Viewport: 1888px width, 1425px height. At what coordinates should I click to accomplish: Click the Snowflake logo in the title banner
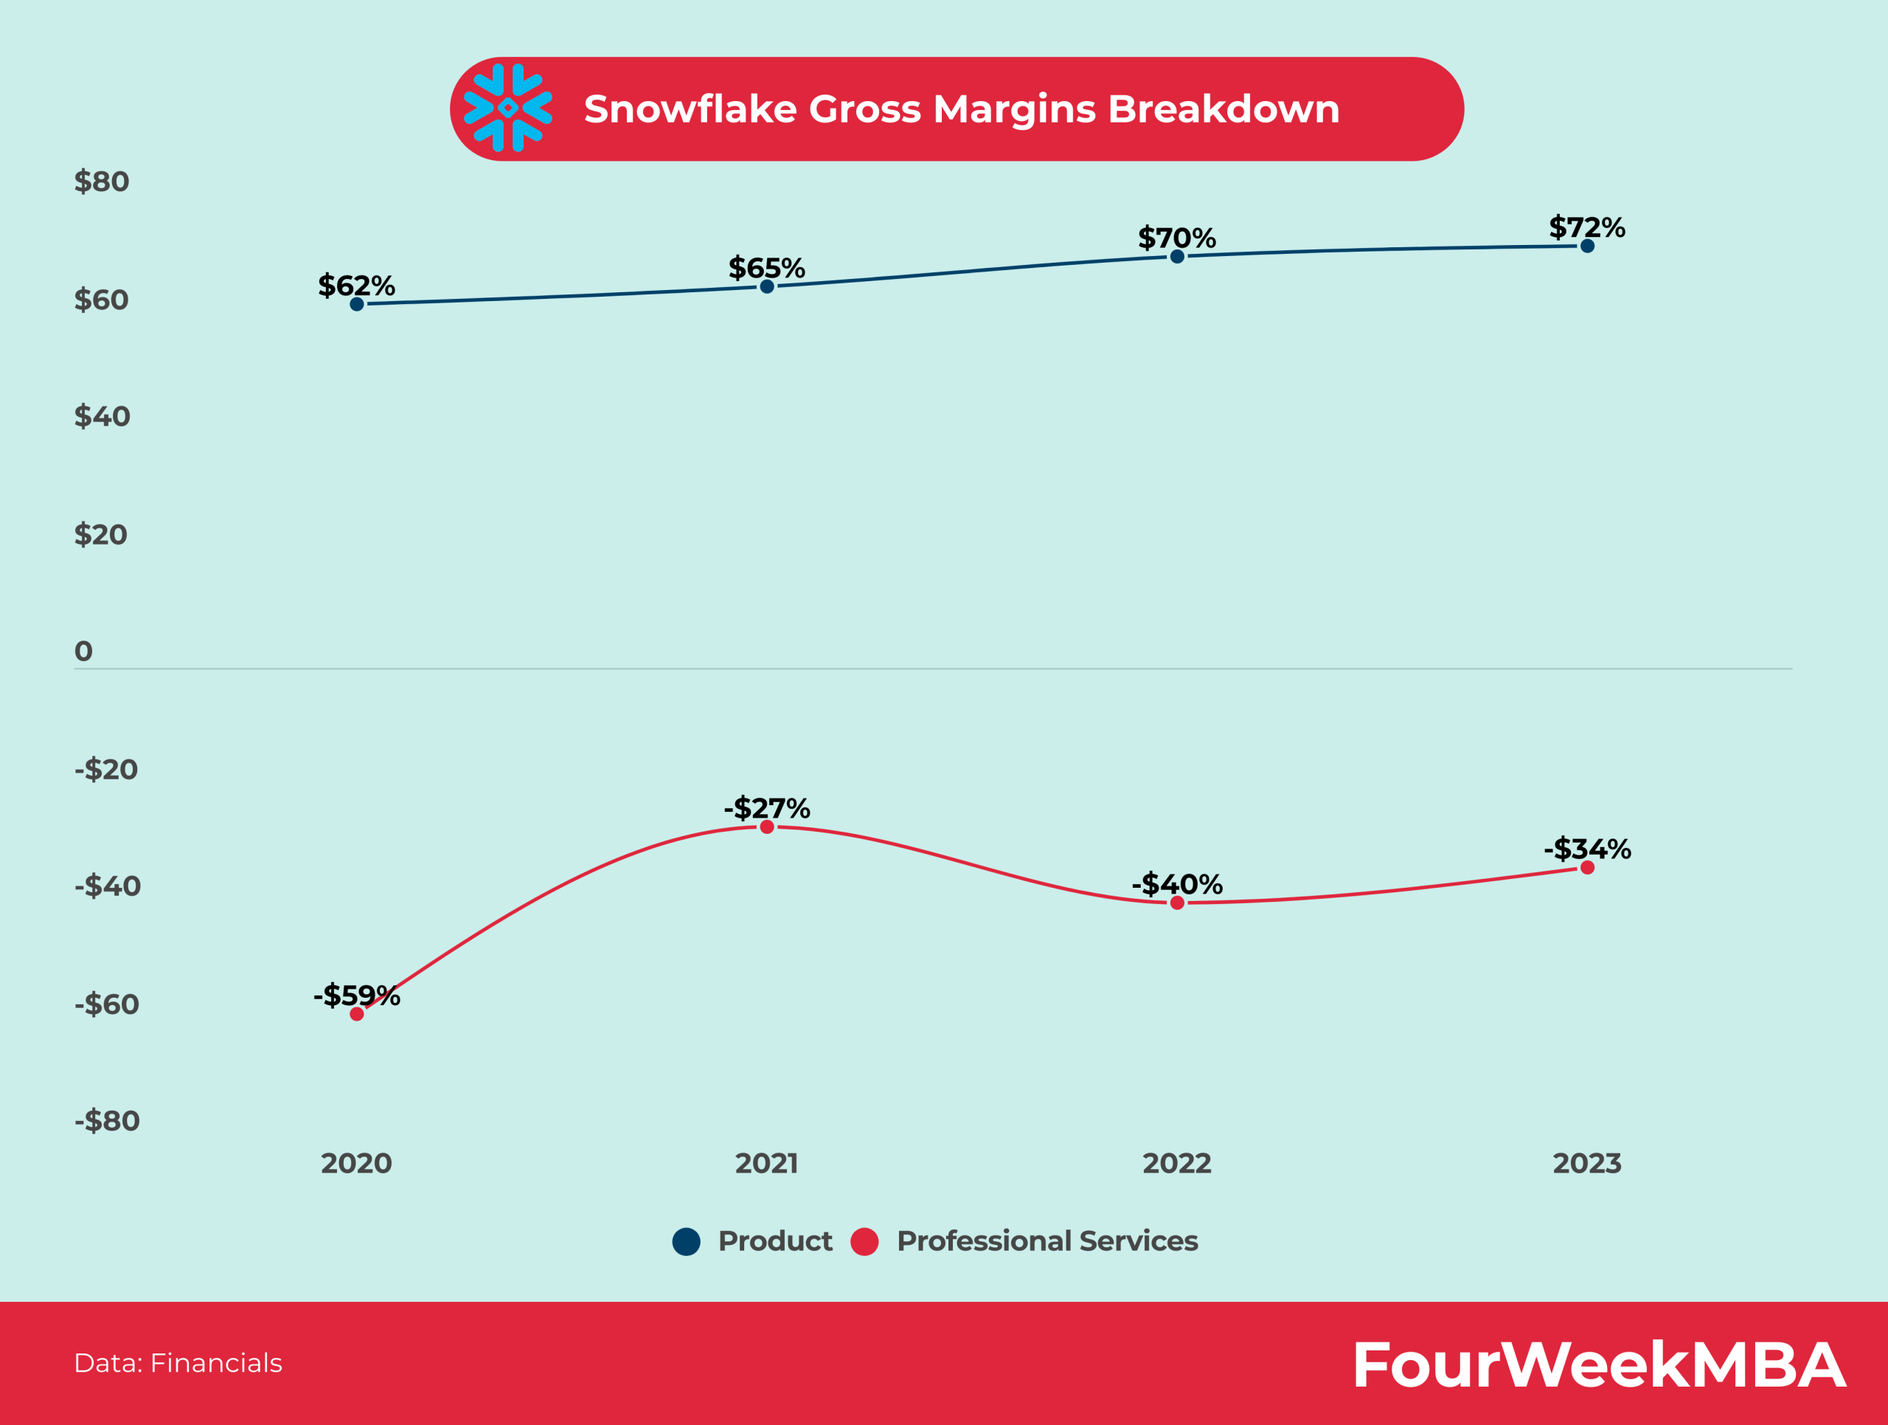click(508, 108)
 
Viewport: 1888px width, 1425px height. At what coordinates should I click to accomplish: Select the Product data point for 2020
click(357, 304)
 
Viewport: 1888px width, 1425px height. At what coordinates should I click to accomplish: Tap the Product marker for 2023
click(1586, 246)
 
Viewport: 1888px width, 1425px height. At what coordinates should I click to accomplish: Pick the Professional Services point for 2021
click(766, 827)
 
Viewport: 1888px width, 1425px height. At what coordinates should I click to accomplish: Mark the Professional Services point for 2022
click(1177, 903)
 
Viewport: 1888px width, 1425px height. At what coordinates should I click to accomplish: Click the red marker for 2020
click(357, 1013)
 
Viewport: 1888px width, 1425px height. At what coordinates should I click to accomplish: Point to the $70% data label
click(1176, 238)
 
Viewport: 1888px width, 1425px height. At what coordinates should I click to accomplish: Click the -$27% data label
click(766, 808)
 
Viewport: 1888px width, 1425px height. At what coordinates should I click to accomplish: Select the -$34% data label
click(1586, 849)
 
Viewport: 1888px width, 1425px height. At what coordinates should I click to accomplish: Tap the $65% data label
click(766, 268)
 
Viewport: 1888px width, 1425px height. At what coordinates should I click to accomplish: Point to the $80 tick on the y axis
click(102, 182)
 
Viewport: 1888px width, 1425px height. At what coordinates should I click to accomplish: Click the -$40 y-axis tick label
click(107, 886)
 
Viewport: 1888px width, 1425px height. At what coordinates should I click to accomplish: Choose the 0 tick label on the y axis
click(83, 652)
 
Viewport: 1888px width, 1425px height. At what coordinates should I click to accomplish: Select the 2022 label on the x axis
click(1176, 1163)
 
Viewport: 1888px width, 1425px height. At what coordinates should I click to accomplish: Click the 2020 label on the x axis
click(356, 1163)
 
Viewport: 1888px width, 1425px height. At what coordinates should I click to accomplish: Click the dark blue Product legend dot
click(686, 1241)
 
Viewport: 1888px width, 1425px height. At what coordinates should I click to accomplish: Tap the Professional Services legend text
click(1047, 1241)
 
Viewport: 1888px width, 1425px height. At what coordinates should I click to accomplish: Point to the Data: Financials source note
click(178, 1363)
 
